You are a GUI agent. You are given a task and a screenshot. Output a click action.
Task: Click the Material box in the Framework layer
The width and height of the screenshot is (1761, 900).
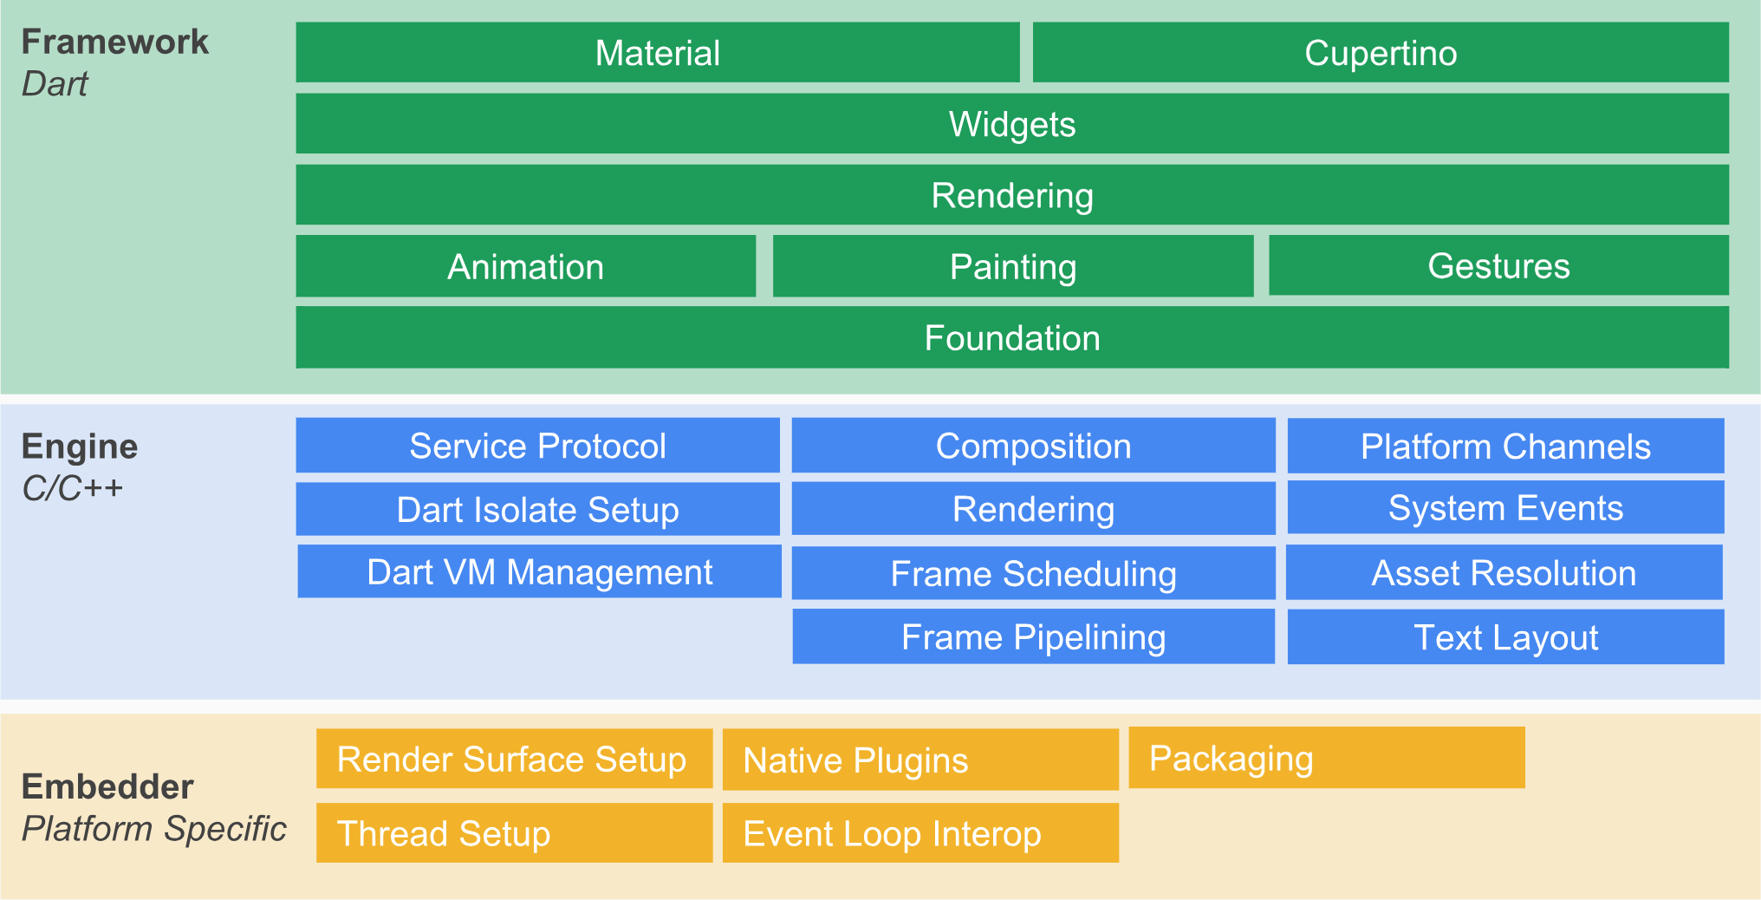657,53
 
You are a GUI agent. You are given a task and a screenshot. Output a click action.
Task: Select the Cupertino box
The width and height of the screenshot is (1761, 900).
1380,53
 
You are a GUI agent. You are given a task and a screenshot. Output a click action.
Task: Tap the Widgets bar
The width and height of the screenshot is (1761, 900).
1011,124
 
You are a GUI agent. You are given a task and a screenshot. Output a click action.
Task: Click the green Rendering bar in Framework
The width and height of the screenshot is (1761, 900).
1011,195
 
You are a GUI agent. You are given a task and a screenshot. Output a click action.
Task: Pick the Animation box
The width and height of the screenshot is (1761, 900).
525,266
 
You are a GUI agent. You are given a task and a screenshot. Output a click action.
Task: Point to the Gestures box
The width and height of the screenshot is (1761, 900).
1498,265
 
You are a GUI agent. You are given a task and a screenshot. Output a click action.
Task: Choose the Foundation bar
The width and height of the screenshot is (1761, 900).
1011,337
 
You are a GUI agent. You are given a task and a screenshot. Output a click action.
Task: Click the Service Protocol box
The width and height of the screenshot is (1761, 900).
537,446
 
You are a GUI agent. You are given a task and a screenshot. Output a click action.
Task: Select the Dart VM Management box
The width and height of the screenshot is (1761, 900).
539,571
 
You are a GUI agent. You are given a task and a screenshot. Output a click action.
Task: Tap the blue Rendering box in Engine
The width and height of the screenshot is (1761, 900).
1033,509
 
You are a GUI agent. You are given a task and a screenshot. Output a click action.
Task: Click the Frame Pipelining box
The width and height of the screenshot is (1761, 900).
1033,636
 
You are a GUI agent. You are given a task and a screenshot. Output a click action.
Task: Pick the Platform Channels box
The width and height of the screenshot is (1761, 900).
1505,446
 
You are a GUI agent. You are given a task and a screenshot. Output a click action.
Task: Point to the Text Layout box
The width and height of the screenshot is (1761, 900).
1505,637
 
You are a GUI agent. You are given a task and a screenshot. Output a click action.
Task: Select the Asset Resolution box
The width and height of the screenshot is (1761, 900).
1504,572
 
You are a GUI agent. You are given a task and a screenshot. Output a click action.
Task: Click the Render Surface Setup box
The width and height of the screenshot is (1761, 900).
513,759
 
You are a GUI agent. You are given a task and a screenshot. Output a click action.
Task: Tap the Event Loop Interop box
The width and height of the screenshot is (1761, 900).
919,833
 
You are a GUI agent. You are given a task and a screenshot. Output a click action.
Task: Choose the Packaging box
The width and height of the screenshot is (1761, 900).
1326,758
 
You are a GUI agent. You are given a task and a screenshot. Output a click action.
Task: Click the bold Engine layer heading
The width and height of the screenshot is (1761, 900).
80,446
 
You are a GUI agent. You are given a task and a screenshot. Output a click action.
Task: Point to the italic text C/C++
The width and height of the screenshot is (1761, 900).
73,488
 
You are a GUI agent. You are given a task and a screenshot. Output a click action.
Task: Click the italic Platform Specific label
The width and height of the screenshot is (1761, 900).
153,828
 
